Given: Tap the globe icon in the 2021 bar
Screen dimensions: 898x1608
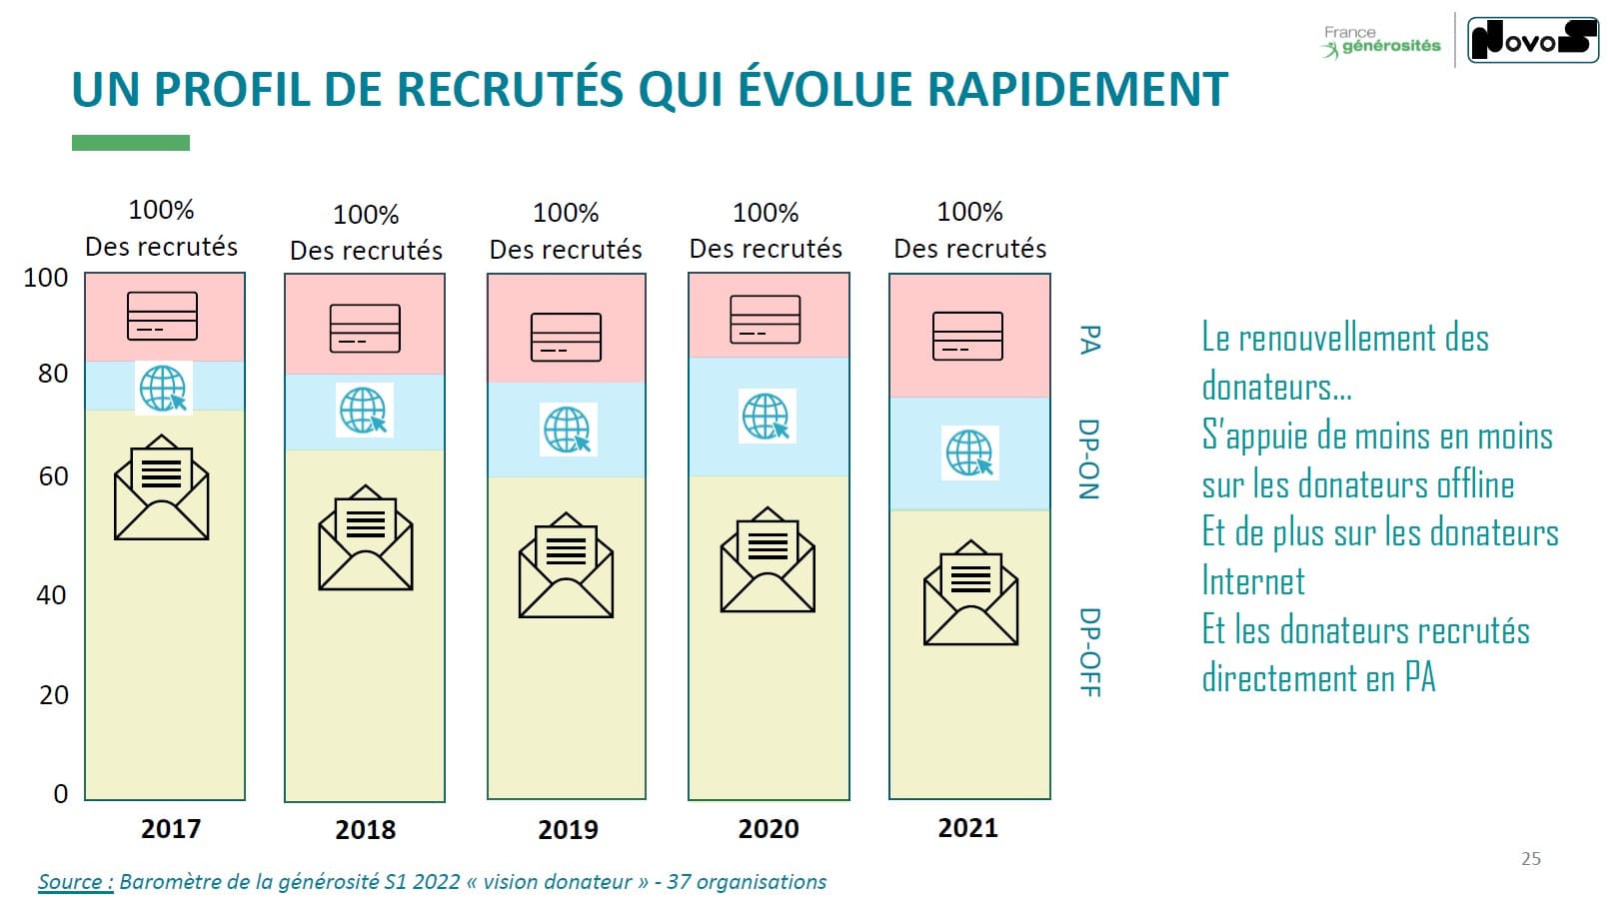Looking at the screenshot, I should (x=969, y=452).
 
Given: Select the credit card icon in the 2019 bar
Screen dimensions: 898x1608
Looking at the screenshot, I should (x=566, y=338).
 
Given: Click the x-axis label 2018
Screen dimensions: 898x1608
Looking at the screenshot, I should (x=365, y=829).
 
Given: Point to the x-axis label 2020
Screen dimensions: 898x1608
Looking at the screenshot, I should (x=768, y=828).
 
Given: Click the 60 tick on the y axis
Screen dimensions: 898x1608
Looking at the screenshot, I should (x=53, y=476).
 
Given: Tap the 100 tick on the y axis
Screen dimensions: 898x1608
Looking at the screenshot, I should (x=46, y=278).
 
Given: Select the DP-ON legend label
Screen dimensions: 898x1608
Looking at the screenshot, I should (x=1088, y=458).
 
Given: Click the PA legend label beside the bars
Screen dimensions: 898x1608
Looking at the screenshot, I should (x=1089, y=340).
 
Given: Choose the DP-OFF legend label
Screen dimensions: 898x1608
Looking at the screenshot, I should (x=1089, y=652).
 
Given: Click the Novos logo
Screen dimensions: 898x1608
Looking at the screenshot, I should (x=1532, y=40).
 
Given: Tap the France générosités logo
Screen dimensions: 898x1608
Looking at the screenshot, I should (x=1382, y=41).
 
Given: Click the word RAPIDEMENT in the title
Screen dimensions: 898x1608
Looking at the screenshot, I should (x=1077, y=89).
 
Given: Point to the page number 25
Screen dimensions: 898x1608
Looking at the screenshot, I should (x=1530, y=858).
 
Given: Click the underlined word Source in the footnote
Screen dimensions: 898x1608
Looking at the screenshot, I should (x=75, y=882).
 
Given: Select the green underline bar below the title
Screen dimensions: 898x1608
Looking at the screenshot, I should (x=131, y=143).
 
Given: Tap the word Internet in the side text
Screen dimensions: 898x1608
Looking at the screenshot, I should (x=1253, y=581).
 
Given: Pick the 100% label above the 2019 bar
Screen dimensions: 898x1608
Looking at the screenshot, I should (x=566, y=213).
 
